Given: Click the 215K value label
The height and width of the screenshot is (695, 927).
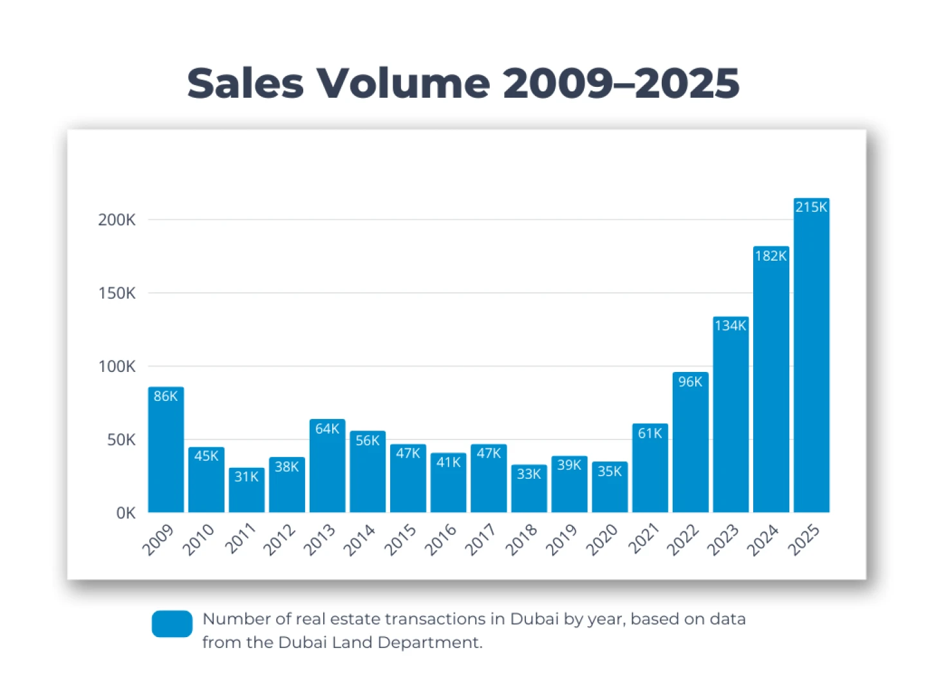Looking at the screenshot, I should point(811,207).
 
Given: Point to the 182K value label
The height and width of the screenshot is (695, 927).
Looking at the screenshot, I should point(771,256).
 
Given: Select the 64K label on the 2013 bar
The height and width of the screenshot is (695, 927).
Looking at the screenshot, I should point(327,429).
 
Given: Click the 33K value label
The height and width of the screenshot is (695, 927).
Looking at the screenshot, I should point(529,474).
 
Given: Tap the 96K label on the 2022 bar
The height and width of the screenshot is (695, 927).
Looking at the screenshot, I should point(690,382).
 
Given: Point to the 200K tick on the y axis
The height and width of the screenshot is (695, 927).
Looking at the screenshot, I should point(117,220).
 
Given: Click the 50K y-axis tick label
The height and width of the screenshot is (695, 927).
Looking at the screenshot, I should point(121,440).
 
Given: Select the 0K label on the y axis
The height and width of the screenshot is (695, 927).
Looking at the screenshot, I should point(126,514).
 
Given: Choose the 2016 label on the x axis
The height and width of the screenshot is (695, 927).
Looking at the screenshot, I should point(440,539).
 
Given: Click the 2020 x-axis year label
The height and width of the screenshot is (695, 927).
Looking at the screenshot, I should point(602,539).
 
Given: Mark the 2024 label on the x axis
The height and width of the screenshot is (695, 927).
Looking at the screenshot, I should point(763,539).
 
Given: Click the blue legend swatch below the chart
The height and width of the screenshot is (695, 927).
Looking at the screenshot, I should point(172,624).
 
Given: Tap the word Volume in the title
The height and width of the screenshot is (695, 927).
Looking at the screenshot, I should point(403,84).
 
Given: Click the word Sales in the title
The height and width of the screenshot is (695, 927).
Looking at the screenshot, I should point(245,84).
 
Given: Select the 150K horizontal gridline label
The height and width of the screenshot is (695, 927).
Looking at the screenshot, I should point(117,293).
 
